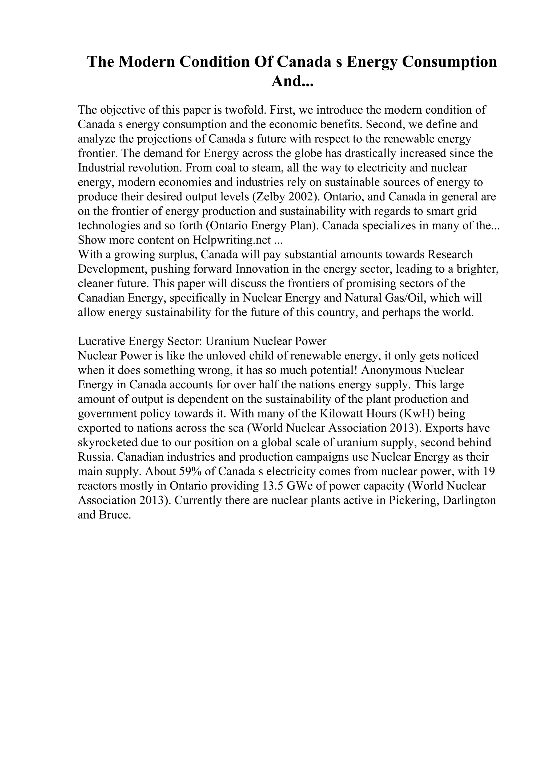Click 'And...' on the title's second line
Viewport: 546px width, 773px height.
tap(292, 81)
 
